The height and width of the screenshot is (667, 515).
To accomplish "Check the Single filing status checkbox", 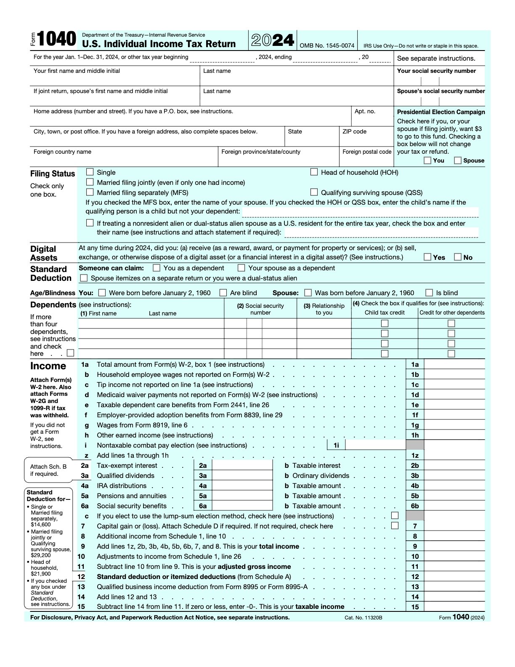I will (x=90, y=172).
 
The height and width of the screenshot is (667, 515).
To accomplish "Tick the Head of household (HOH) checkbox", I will (x=314, y=172).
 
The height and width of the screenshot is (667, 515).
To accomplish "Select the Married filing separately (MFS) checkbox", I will (x=90, y=192).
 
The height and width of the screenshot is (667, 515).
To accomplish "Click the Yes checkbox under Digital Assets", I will (x=427, y=257).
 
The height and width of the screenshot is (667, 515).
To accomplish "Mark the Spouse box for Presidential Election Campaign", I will (x=458, y=160).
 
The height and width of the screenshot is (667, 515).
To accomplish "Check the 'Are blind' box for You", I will (x=223, y=293).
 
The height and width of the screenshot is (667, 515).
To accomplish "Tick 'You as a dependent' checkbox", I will (x=157, y=268).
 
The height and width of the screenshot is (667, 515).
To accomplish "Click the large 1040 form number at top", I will (x=56, y=40).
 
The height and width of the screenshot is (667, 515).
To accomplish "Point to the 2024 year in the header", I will (x=273, y=40).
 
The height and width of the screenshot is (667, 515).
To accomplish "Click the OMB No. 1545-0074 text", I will (x=327, y=45).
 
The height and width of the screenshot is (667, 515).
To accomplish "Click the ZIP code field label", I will (x=354, y=131).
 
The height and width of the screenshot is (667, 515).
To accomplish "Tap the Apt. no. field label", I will (x=365, y=111).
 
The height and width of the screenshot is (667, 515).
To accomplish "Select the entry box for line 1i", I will (x=375, y=445).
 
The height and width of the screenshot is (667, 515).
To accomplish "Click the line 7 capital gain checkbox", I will (x=395, y=526).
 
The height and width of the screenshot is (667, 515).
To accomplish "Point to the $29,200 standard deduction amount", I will (x=41, y=555).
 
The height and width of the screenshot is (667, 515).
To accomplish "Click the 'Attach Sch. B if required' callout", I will (x=48, y=470).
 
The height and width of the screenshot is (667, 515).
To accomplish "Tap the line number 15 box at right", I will (x=415, y=607).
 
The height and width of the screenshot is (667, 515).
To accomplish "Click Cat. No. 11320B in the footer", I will (x=363, y=618).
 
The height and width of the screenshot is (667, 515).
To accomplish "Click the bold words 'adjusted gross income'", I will (x=254, y=566).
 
